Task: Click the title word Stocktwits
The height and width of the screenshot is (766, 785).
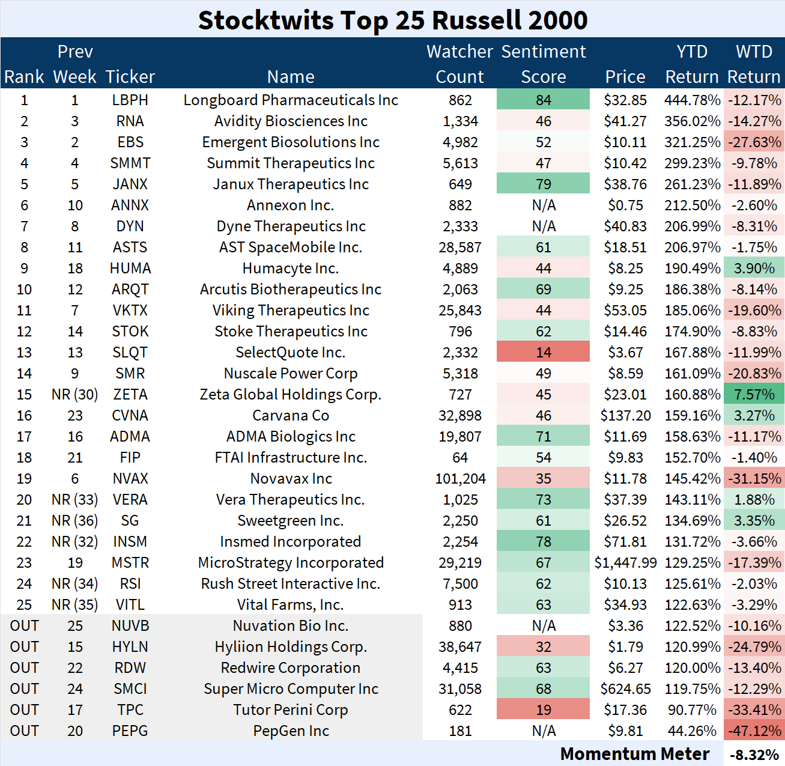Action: pos(265,20)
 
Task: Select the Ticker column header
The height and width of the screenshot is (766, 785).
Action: pos(130,77)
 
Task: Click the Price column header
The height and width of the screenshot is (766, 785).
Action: pos(625,77)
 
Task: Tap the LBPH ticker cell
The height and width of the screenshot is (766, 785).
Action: pos(130,100)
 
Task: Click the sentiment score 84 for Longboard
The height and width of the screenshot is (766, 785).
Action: pos(544,100)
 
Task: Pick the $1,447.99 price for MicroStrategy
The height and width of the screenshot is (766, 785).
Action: pos(625,563)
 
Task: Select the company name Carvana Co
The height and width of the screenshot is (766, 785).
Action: pos(291,416)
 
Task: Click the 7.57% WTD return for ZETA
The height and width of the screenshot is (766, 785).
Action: pos(754,395)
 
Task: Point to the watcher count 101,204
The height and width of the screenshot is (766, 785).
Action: pos(460,479)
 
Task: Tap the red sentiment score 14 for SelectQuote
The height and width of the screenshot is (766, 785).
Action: pos(544,353)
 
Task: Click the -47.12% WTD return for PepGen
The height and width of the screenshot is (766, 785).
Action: pos(754,731)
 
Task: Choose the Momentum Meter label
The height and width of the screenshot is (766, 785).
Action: pos(635,754)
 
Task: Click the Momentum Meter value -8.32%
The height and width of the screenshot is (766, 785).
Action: pos(754,755)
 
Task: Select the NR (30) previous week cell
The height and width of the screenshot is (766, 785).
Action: pos(74,395)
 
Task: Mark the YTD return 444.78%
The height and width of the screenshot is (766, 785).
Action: pos(692,100)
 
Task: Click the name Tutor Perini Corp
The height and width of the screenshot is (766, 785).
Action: pos(291,710)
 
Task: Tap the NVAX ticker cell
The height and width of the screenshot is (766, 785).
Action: pos(130,479)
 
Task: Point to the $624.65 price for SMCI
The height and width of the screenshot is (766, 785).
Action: pos(625,689)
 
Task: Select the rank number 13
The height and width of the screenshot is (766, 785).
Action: pos(24,353)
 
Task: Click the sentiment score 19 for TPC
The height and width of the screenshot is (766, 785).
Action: pos(544,710)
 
